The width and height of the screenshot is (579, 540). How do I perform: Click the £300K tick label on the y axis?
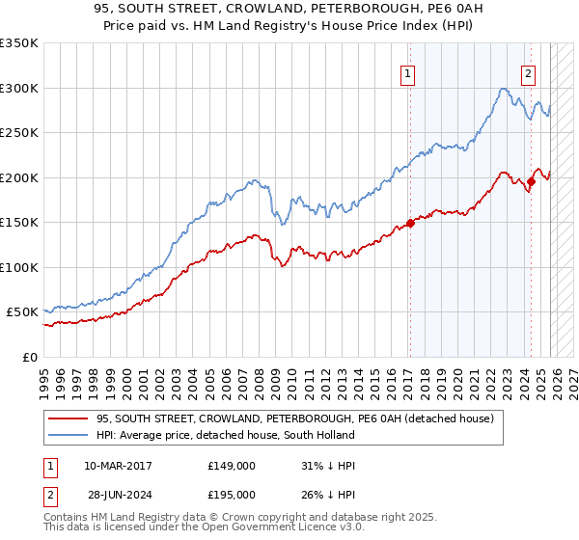click(x=19, y=88)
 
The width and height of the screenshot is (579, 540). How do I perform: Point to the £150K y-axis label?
click(x=19, y=223)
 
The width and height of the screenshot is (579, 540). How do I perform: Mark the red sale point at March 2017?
click(x=409, y=223)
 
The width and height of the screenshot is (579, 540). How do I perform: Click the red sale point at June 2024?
click(x=531, y=181)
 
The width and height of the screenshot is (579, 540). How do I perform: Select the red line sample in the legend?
click(x=68, y=418)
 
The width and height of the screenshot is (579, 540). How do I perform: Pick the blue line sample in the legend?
click(x=68, y=435)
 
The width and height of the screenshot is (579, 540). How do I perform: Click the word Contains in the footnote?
click(x=66, y=519)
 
